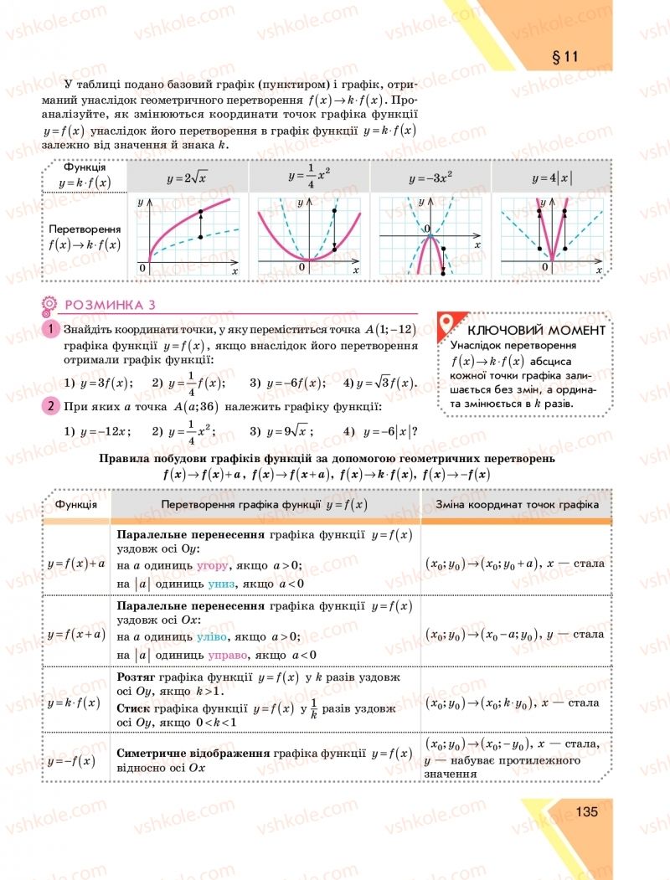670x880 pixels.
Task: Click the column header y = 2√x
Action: (188, 178)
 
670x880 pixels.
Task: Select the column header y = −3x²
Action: (430, 178)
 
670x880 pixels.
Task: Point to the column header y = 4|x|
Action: (552, 178)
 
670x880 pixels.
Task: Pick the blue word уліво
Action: (213, 636)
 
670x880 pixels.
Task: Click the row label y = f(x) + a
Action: (75, 563)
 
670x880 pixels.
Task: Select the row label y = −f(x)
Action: (71, 760)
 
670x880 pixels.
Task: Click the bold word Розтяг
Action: (137, 677)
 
